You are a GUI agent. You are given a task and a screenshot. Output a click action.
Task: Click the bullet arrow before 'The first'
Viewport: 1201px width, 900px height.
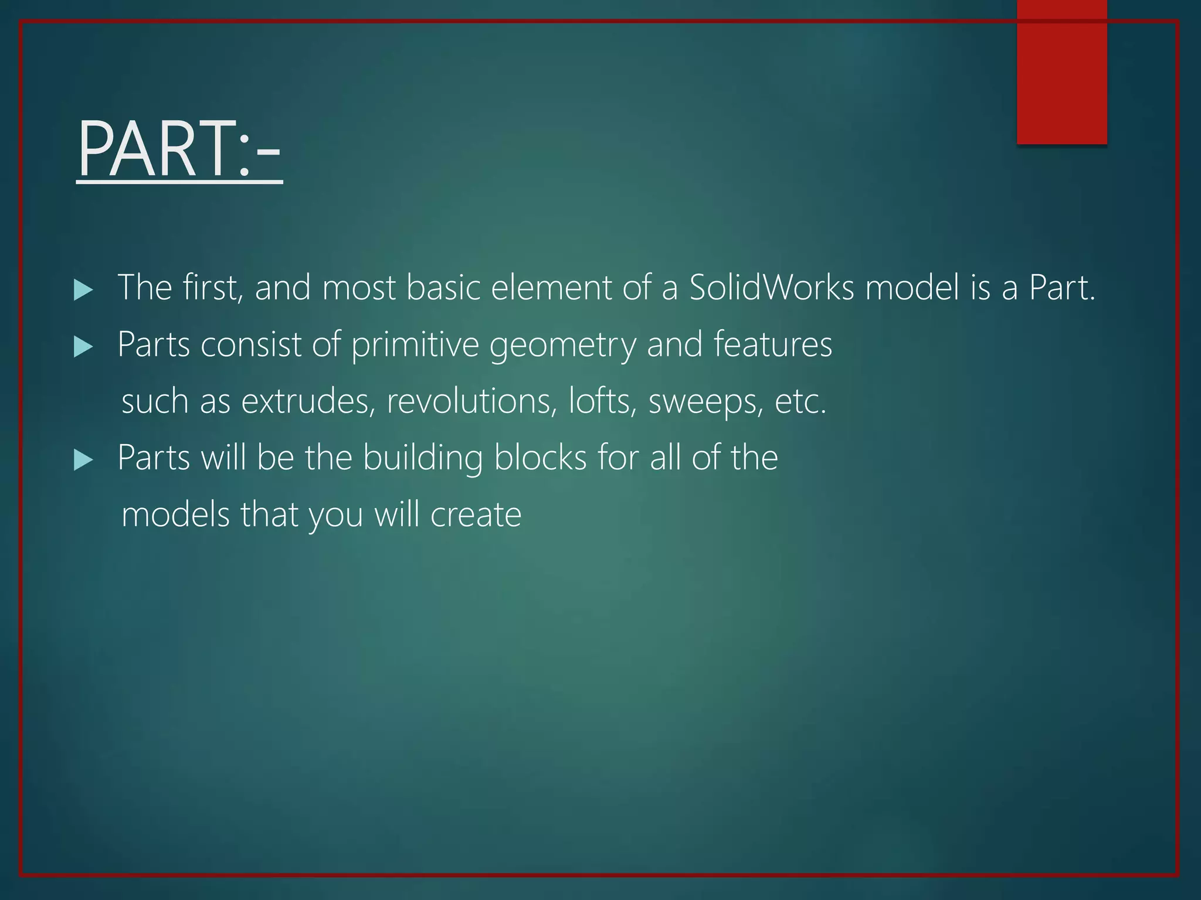click(84, 290)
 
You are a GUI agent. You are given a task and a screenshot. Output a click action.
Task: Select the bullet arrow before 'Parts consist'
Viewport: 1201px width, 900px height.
click(84, 347)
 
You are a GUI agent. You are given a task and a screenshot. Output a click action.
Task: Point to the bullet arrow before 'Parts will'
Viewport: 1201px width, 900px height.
click(84, 460)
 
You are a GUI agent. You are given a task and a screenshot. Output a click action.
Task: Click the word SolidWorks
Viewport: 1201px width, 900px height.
click(771, 288)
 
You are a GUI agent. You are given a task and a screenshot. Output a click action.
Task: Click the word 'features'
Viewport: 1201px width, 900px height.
click(772, 344)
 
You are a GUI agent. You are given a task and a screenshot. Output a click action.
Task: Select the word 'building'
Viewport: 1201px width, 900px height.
click(423, 458)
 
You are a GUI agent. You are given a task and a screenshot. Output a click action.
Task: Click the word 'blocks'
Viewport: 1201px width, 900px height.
click(540, 457)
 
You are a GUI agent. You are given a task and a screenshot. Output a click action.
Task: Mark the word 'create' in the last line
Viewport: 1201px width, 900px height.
click(476, 515)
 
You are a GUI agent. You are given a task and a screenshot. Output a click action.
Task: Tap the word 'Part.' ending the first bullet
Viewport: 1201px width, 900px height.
click(1062, 288)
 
